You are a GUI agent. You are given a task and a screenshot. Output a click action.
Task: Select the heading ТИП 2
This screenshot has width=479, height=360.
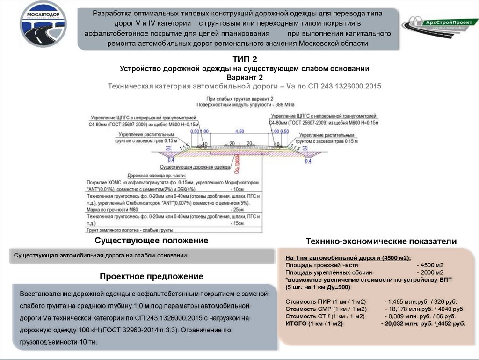(245, 59)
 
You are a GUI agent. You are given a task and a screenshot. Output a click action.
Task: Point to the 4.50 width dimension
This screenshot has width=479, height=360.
(239, 131)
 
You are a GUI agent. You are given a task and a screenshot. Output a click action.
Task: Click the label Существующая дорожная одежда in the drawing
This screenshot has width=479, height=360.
(195, 167)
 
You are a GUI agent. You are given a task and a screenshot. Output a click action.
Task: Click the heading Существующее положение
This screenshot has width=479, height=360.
(151, 240)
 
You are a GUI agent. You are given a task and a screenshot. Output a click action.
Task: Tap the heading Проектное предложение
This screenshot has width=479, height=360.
(151, 276)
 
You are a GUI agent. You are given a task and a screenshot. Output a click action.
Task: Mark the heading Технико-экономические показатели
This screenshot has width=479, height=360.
(380, 241)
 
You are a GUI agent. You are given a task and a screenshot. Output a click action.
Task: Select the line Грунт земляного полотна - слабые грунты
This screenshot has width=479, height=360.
(130, 230)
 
